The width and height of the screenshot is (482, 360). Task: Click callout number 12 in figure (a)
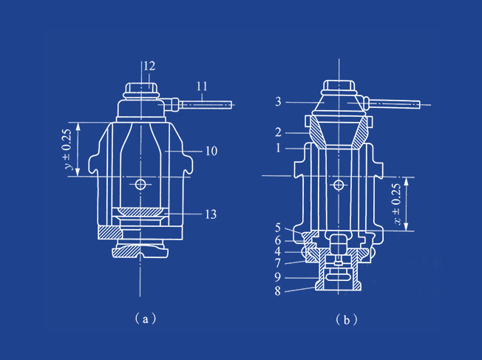click(x=149, y=66)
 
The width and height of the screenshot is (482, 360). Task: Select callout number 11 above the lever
click(x=202, y=86)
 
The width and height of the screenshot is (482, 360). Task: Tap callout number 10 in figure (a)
click(x=211, y=151)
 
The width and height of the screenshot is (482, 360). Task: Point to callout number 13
click(x=211, y=214)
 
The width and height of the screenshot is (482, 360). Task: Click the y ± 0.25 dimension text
click(x=68, y=149)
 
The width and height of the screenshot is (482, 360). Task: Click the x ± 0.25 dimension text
click(x=396, y=204)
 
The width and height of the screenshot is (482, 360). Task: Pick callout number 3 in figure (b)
click(x=278, y=101)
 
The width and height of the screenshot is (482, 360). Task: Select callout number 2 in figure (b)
click(x=278, y=132)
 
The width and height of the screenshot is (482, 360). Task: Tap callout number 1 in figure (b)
click(x=278, y=148)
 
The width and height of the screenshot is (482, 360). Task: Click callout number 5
click(x=278, y=228)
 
